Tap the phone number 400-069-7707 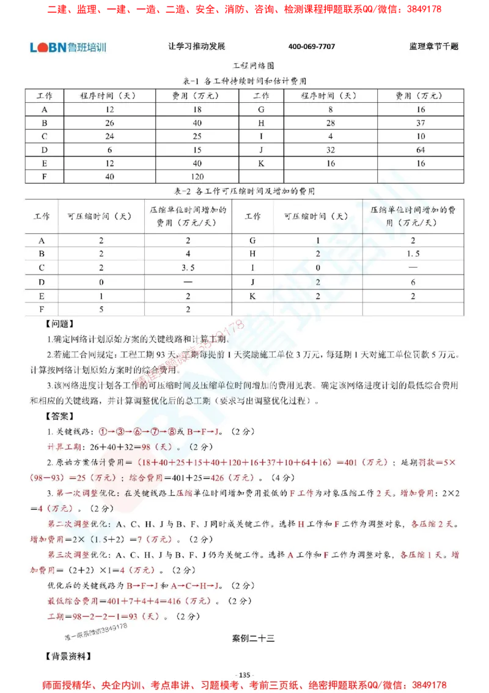(x=312, y=47)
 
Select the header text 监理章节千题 (x=434, y=47)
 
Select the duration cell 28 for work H (x=330, y=123)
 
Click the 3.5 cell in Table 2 (x=188, y=268)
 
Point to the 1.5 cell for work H (x=413, y=254)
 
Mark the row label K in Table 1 (x=261, y=163)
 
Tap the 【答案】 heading (x=59, y=416)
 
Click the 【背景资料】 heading (x=68, y=656)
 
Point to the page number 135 (x=244, y=675)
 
